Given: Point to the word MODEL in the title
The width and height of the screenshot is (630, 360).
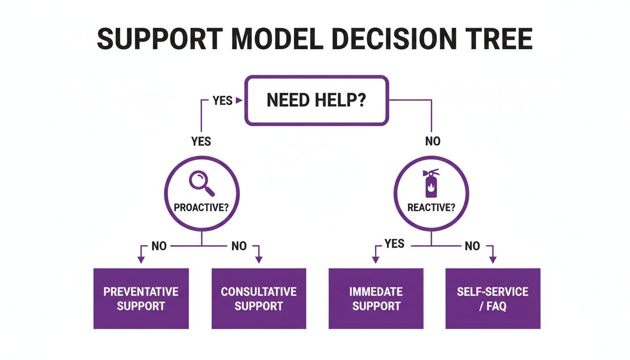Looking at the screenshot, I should point(277,39).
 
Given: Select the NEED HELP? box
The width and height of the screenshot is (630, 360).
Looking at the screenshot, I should point(317,101).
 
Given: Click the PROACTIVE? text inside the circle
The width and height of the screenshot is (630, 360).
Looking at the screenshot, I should point(201,207).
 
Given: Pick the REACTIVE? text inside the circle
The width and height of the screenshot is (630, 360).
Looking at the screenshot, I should point(431,207).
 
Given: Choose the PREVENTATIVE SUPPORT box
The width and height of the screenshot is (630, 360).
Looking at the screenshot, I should point(141,299).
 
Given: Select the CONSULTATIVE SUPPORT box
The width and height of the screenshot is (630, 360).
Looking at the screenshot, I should point(259,299).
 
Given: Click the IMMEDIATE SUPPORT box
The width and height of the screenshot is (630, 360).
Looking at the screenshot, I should point(376,299).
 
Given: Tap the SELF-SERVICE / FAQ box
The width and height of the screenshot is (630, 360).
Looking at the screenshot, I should point(493,299).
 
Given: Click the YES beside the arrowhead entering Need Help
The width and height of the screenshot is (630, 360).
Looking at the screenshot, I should point(222,100).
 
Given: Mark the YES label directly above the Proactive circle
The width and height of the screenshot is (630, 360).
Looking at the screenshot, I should point(201,141).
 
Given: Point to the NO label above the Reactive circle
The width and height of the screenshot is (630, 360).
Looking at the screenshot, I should point(433,141).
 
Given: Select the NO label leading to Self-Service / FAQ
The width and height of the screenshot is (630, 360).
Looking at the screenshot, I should point(472,246).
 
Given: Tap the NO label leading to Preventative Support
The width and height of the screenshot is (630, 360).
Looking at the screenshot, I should point(159,246).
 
